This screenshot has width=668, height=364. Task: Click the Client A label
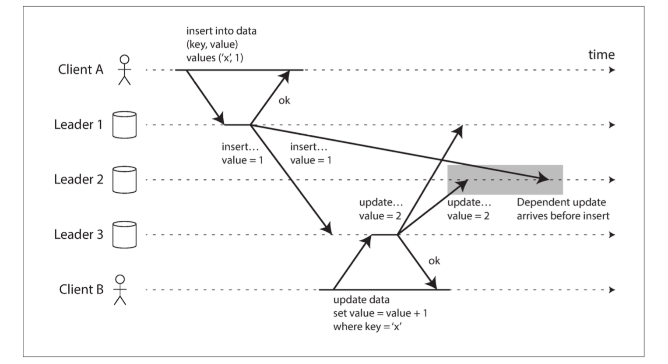81,70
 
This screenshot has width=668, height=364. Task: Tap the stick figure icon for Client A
124,70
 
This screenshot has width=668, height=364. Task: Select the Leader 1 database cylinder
124,125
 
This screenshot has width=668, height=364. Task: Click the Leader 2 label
79,179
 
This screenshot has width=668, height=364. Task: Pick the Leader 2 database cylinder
124,180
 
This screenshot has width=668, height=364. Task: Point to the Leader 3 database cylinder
124,234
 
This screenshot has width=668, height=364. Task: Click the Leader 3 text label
79,234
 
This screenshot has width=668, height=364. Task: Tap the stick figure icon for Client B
120,290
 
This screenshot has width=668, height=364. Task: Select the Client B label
81,289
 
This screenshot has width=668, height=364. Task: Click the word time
601,55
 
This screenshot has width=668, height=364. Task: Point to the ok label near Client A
284,101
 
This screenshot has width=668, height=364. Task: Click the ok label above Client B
434,261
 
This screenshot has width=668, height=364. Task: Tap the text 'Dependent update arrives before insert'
563,209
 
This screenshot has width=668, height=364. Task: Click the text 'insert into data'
221,31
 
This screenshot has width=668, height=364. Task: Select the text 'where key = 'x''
367,327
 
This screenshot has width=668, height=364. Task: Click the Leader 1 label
78,124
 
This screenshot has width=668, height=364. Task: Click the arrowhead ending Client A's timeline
612,70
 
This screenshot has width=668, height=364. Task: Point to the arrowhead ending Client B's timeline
612,290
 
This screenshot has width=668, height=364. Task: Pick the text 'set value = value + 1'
380,313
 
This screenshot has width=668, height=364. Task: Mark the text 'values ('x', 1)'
214,57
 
